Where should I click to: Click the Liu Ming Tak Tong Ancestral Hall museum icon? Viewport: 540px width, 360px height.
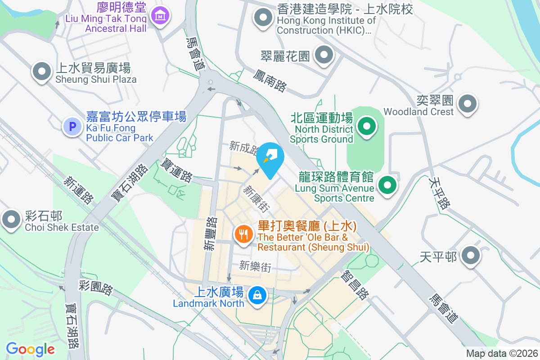pyautogui.click(x=160, y=16)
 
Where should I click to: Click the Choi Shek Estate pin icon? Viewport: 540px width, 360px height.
pyautogui.click(x=11, y=220)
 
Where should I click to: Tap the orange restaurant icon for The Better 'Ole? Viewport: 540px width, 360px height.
pyautogui.click(x=243, y=234)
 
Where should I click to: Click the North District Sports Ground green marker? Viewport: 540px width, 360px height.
pyautogui.click(x=367, y=126)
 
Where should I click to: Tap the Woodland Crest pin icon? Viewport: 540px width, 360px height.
pyautogui.click(x=468, y=104)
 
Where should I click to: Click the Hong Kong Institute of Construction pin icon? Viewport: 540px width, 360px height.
pyautogui.click(x=263, y=18)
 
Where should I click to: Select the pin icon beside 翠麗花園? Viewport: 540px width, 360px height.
pyautogui.click(x=324, y=56)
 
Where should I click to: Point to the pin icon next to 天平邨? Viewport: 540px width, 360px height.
pyautogui.click(x=471, y=256)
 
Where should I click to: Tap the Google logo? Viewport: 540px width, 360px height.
pyautogui.click(x=30, y=349)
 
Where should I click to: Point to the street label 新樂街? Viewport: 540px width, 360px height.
pyautogui.click(x=255, y=266)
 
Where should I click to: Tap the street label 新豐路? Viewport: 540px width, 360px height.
pyautogui.click(x=210, y=234)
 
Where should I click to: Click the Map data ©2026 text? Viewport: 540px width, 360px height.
pyautogui.click(x=502, y=354)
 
